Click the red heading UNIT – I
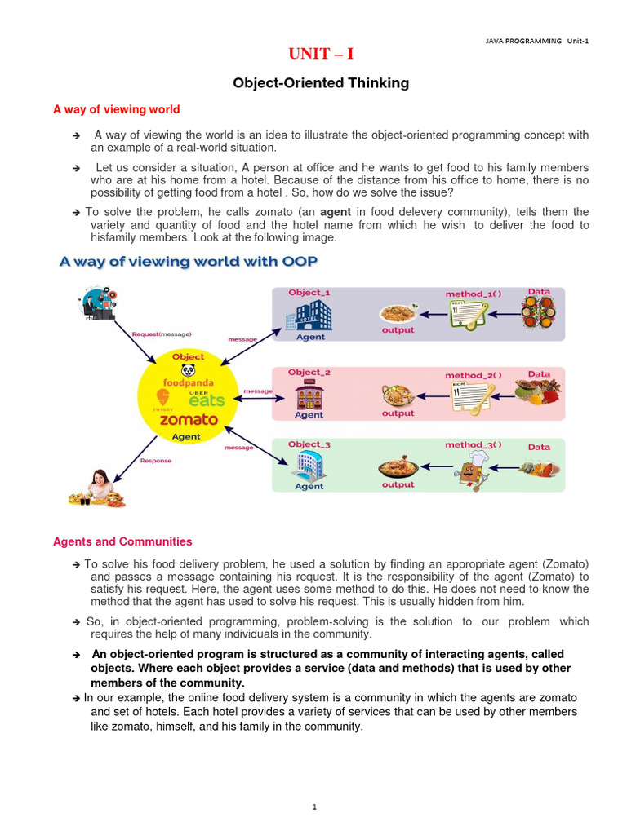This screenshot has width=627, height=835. pyautogui.click(x=321, y=55)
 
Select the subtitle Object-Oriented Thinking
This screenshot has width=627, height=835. pyautogui.click(x=321, y=83)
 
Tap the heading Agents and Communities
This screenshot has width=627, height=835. pyautogui.click(x=122, y=541)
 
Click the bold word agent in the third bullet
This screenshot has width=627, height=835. pyautogui.click(x=335, y=212)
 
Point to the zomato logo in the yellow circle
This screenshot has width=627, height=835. pyautogui.click(x=189, y=419)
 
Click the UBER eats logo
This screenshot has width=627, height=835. pyautogui.click(x=207, y=397)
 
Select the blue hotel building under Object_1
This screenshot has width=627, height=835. pyautogui.click(x=311, y=315)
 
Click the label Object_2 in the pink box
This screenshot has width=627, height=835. pyautogui.click(x=309, y=373)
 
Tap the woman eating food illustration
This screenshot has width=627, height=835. pyautogui.click(x=100, y=488)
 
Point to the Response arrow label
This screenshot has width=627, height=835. pyautogui.click(x=156, y=460)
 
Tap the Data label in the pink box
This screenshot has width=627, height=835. pyautogui.click(x=539, y=374)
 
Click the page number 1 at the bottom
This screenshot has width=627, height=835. pyautogui.click(x=313, y=807)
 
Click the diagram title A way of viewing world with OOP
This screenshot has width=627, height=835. pyautogui.click(x=189, y=262)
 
